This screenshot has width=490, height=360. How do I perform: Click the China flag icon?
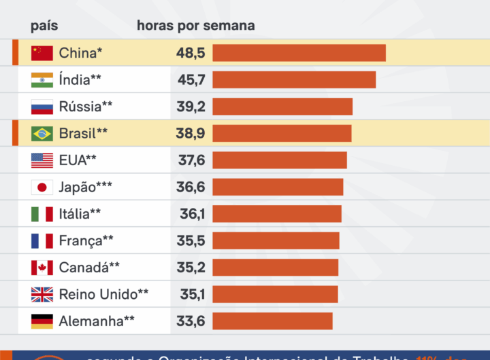coord(42,53)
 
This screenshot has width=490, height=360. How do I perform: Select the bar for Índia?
coord(294,79)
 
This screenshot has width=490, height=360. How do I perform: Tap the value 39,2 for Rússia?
coord(191,107)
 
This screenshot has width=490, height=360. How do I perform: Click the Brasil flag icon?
coord(42,134)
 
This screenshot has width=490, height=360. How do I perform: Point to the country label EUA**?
coord(78,160)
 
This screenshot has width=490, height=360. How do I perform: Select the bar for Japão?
coord(278,187)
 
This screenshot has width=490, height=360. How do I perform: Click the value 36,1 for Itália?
coord(192,214)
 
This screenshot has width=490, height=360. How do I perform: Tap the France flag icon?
coord(42,240)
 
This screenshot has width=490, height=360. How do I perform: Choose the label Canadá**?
coord(89,268)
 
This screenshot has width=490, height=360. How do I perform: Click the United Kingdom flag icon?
coord(42,294)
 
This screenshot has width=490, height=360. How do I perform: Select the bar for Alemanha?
coord(272,321)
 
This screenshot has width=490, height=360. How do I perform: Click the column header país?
coord(44,26)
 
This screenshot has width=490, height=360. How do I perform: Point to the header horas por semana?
coord(196,26)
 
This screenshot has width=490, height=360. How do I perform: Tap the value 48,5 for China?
coord(191,53)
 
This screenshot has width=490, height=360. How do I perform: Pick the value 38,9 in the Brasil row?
coord(191,134)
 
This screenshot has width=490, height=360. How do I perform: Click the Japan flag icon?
coord(42,187)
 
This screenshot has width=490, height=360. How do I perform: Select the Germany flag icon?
coord(42,321)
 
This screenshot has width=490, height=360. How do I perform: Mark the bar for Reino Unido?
coord(275,294)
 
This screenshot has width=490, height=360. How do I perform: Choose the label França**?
coord(86,240)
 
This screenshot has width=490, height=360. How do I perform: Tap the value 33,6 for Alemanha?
coord(191,321)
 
